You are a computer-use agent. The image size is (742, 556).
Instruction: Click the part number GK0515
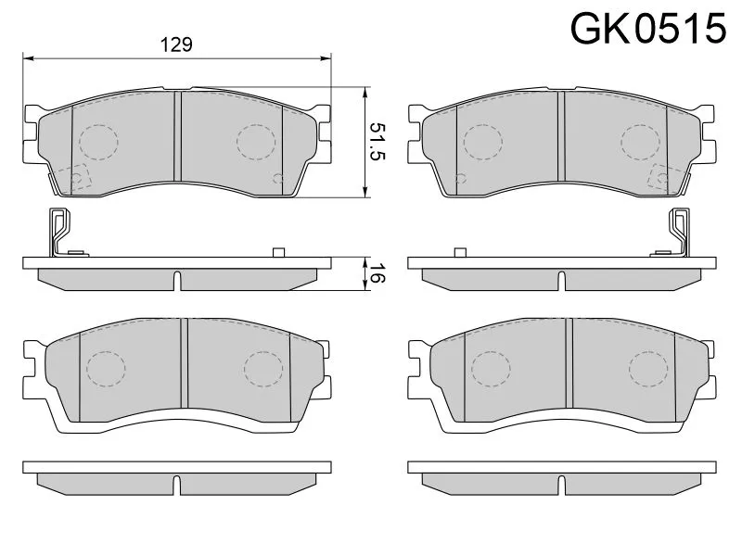[647, 29]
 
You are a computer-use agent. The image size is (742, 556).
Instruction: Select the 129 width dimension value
[176, 44]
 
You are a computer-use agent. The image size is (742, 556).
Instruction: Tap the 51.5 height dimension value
[377, 142]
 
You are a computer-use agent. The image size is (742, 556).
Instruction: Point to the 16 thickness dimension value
[377, 273]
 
